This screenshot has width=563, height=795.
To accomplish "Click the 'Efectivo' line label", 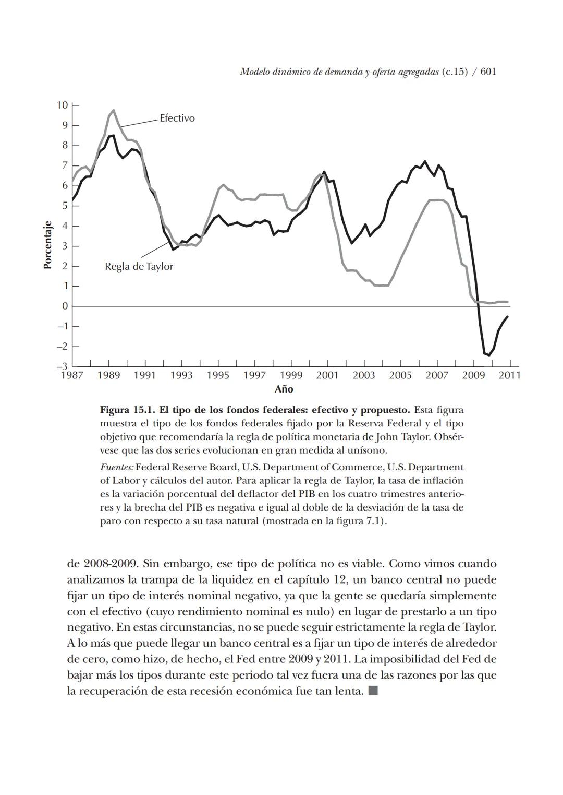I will [x=177, y=118].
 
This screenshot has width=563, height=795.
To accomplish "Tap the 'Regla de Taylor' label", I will [x=139, y=267].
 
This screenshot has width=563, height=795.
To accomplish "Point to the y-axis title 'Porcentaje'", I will [x=47, y=245].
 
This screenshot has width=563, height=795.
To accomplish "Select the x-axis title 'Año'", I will [x=284, y=389].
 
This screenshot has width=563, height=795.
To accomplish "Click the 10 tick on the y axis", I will [x=62, y=105].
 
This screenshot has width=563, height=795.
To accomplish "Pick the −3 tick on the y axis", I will [x=62, y=366].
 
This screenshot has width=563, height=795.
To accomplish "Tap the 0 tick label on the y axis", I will [x=65, y=306].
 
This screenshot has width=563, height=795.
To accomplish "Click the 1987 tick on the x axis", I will [x=72, y=375].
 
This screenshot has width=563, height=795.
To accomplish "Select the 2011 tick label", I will [x=509, y=375].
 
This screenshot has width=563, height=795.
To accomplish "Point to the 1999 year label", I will [x=291, y=375].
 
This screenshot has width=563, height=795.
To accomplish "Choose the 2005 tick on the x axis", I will [x=400, y=375].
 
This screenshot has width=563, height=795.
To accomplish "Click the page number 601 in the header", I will [x=488, y=72].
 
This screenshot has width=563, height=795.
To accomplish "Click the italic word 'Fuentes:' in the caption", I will [x=117, y=467].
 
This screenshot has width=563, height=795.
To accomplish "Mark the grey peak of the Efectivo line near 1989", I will [x=114, y=110].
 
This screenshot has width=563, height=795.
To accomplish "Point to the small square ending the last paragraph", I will [x=373, y=691].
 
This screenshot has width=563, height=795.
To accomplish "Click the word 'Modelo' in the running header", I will [x=254, y=72].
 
